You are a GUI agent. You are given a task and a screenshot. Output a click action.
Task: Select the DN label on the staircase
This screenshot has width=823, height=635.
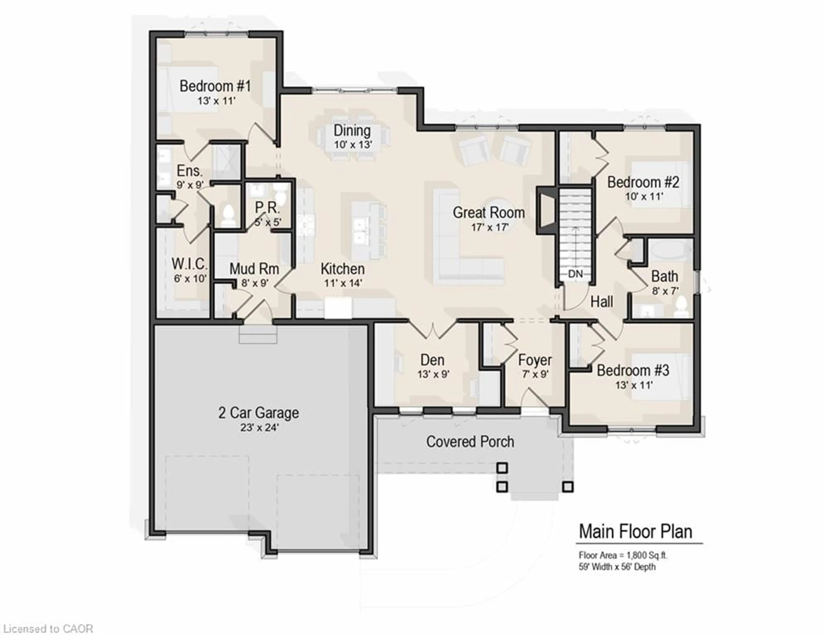pyautogui.click(x=575, y=274)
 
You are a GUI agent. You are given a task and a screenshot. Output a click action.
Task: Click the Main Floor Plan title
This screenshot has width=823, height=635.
pyautogui.click(x=635, y=531)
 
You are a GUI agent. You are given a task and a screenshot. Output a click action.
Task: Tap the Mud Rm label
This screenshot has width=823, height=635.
pyautogui.click(x=254, y=269)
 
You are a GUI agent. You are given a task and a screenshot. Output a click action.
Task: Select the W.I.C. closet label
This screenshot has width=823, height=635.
pyautogui.click(x=189, y=264)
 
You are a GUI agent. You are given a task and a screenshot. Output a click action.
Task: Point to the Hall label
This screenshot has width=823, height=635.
pyautogui.click(x=601, y=302)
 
